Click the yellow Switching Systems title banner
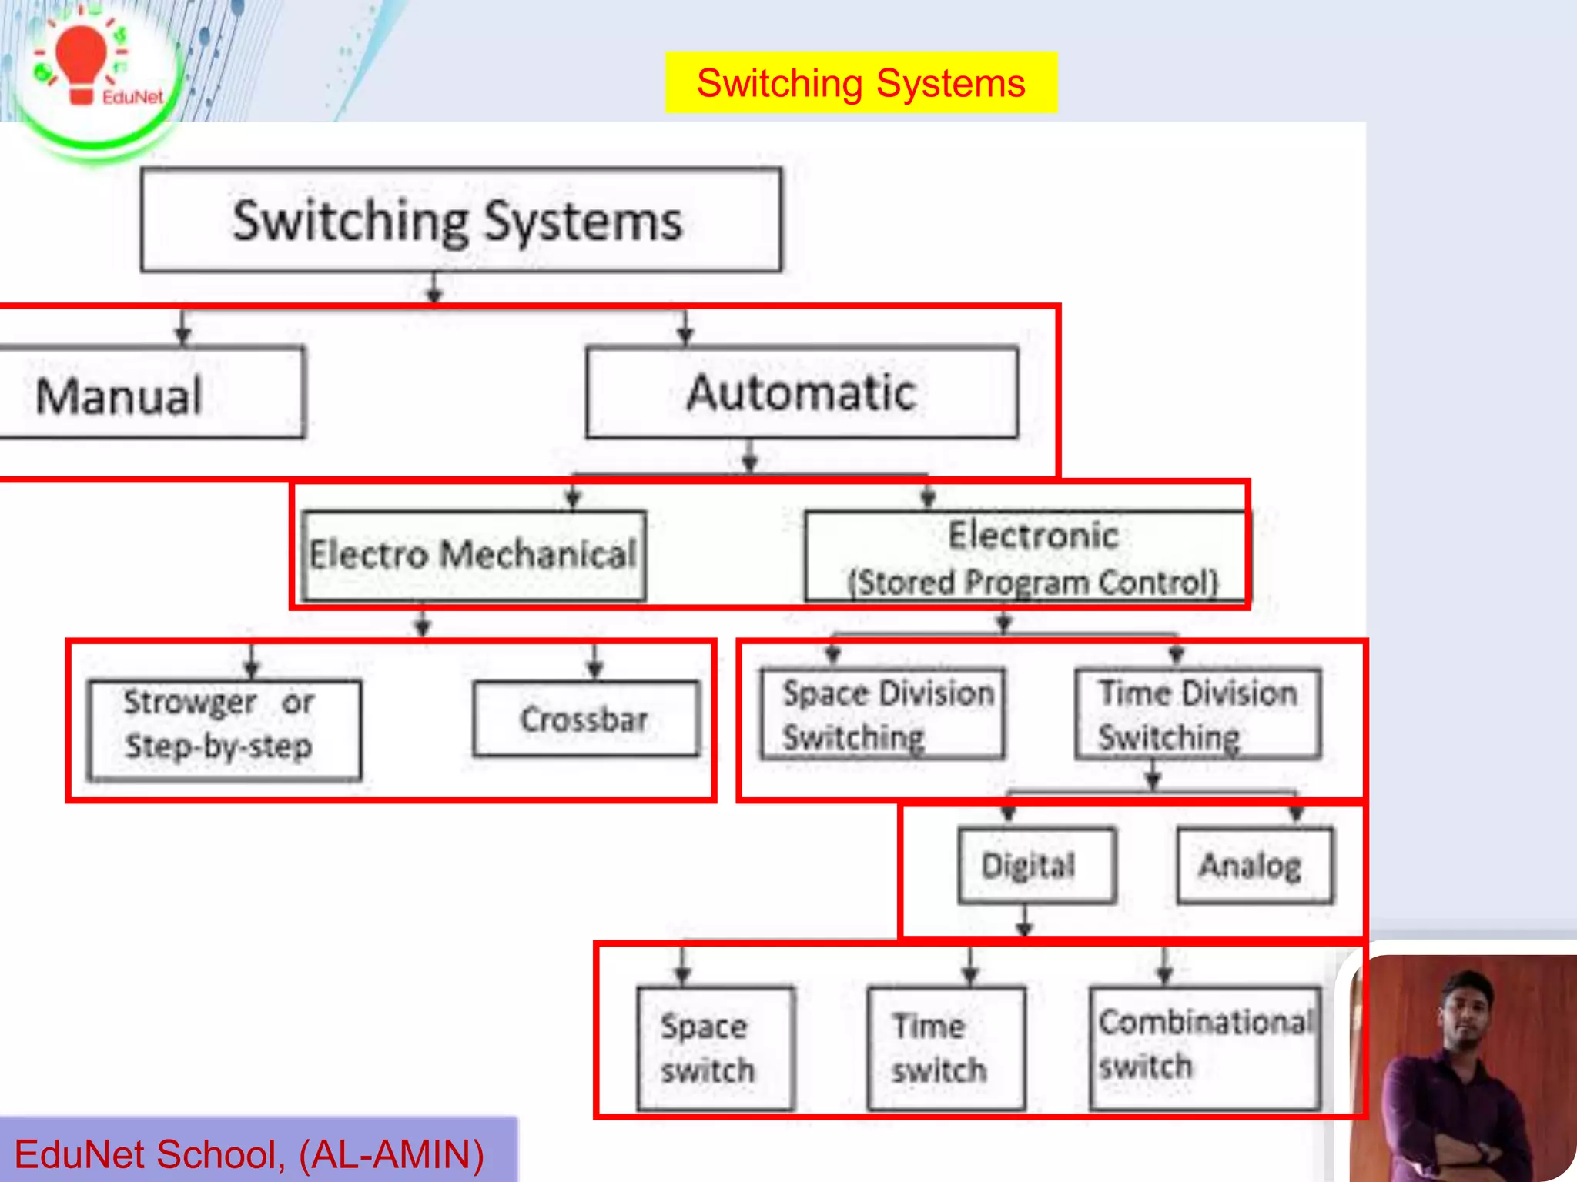pyautogui.click(x=860, y=82)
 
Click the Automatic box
pyautogui.click(x=801, y=392)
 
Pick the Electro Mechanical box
pyautogui.click(x=474, y=555)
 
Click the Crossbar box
pyautogui.click(x=585, y=719)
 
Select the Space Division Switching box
pyautogui.click(x=882, y=714)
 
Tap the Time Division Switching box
pyautogui.click(x=1197, y=714)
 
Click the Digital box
pyautogui.click(x=1036, y=865)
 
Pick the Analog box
pyautogui.click(x=1254, y=865)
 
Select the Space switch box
pyautogui.click(x=715, y=1048)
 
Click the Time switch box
pyautogui.click(x=946, y=1048)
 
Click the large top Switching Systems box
pyautogui.click(x=460, y=220)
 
